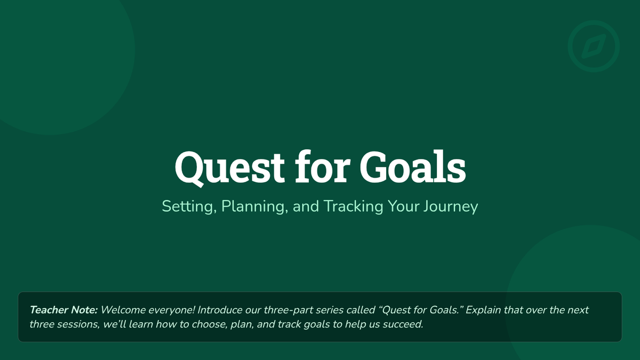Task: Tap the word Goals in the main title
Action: click(x=413, y=167)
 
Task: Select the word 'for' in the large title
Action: click(x=323, y=166)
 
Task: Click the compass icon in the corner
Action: click(x=594, y=46)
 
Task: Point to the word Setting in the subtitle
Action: click(x=189, y=206)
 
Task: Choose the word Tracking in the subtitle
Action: click(x=353, y=206)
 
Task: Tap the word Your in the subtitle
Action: click(x=403, y=206)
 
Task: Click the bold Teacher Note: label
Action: click(x=63, y=310)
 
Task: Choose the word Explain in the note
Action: click(x=483, y=310)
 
